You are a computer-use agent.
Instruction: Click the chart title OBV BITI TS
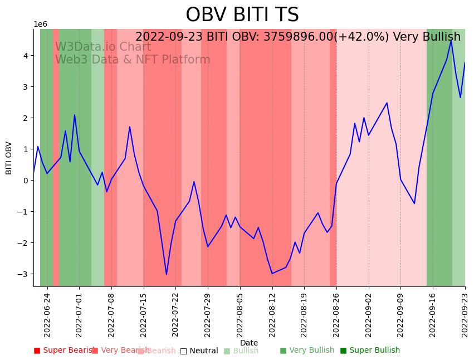pos(242,15)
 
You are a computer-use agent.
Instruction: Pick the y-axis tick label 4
pos(25,56)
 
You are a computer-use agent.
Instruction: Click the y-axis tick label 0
pos(25,181)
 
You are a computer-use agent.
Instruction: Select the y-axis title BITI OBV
pos(9,158)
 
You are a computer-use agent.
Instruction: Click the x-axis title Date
pos(249,343)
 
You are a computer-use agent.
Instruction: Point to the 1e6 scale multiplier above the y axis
pos(40,24)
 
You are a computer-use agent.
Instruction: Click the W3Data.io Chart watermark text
pos(103,47)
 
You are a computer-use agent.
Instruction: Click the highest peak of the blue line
pos(451,40)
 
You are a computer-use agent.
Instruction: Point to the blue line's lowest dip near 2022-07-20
pos(166,274)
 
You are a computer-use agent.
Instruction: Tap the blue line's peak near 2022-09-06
pos(387,103)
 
